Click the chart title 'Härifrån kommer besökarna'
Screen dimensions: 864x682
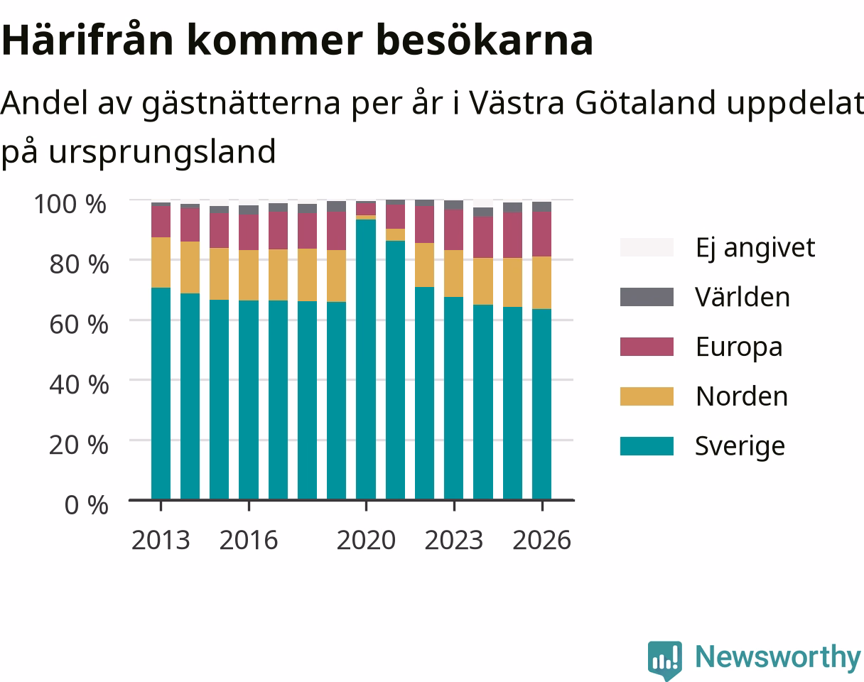pyautogui.click(x=297, y=40)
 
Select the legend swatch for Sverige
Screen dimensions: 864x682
pyautogui.click(x=647, y=446)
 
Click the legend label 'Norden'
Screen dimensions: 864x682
pyautogui.click(x=742, y=396)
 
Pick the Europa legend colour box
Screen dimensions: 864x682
pyautogui.click(x=647, y=347)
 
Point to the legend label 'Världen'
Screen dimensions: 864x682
pyautogui.click(x=742, y=297)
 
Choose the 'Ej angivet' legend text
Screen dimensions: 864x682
pyautogui.click(x=755, y=248)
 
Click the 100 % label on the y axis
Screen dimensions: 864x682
pyautogui.click(x=70, y=204)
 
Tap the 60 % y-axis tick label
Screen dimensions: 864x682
pyautogui.click(x=79, y=325)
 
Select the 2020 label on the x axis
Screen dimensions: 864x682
pyautogui.click(x=366, y=540)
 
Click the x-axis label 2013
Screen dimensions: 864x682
pyautogui.click(x=161, y=540)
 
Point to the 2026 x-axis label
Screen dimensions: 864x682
pyautogui.click(x=541, y=540)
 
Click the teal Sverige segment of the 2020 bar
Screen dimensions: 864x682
pyautogui.click(x=366, y=359)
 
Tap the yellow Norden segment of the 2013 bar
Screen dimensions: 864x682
pyautogui.click(x=161, y=263)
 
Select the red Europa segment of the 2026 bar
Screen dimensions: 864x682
pyautogui.click(x=541, y=234)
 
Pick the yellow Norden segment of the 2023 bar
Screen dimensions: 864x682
pyautogui.click(x=454, y=274)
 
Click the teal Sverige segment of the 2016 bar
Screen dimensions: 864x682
pyautogui.click(x=249, y=400)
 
